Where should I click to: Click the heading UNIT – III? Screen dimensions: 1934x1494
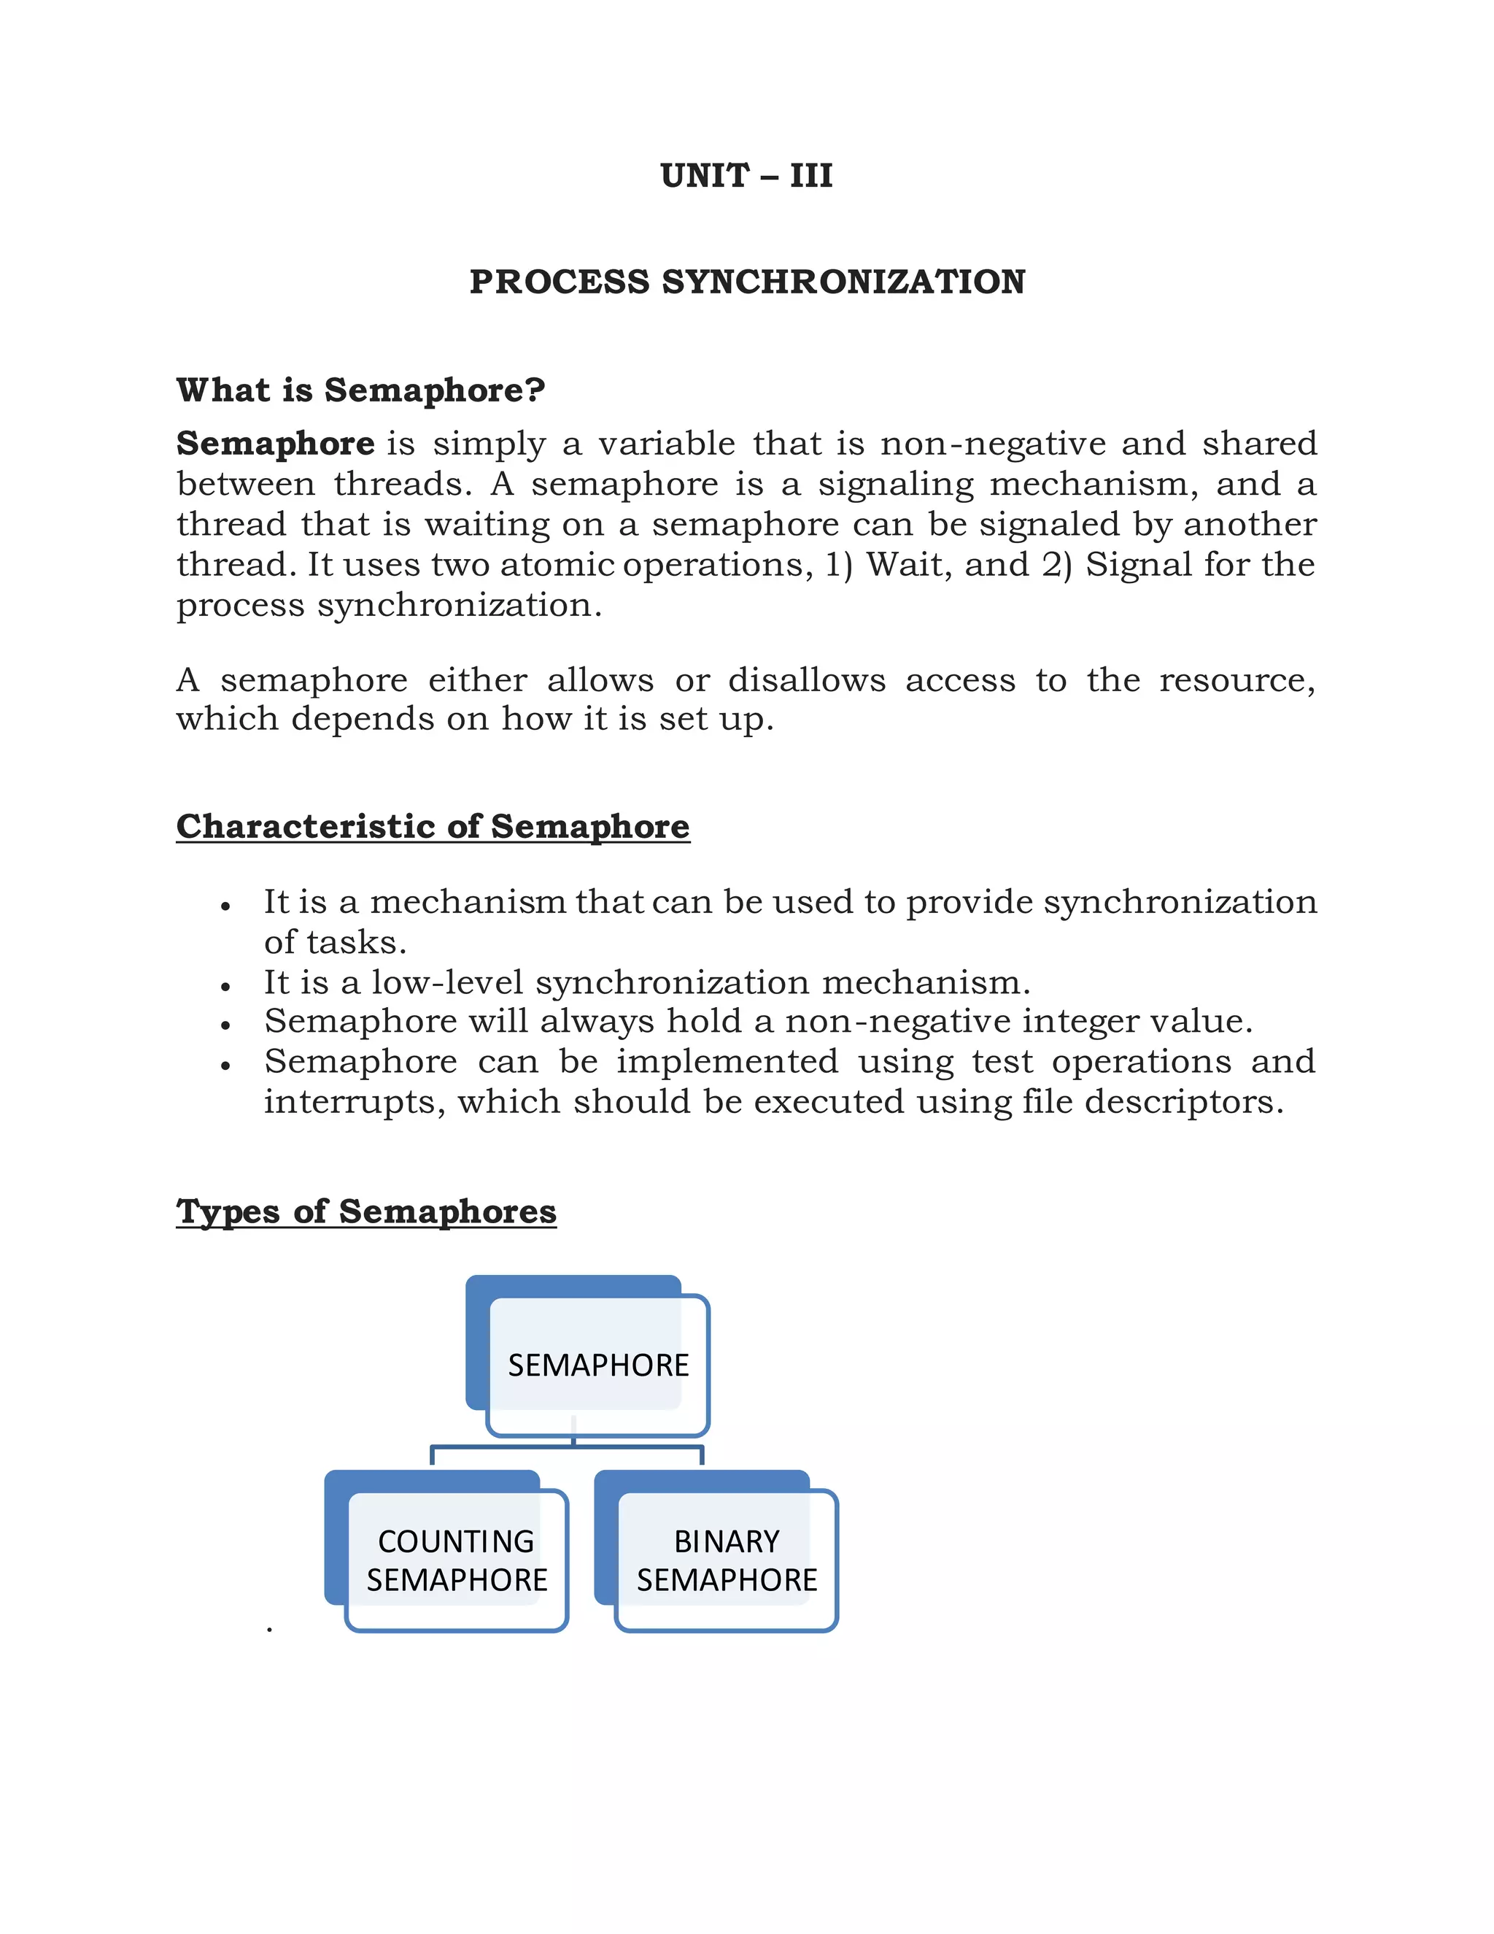tap(746, 175)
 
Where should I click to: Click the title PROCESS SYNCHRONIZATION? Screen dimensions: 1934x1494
tap(746, 282)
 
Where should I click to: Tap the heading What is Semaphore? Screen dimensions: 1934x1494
tap(360, 390)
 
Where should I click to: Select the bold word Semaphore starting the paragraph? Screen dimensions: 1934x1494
tap(275, 443)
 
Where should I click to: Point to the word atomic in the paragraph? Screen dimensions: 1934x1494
tap(557, 564)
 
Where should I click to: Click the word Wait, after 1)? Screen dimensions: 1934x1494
tap(908, 564)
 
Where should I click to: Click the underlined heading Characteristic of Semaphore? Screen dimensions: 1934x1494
tap(433, 826)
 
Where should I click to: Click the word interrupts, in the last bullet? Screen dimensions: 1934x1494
tap(355, 1101)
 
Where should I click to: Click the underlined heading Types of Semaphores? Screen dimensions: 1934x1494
tap(365, 1211)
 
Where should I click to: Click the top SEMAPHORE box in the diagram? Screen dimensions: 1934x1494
tap(597, 1365)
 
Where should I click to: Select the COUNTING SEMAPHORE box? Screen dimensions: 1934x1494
tap(457, 1560)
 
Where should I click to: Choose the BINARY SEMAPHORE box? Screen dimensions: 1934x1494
tap(727, 1560)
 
